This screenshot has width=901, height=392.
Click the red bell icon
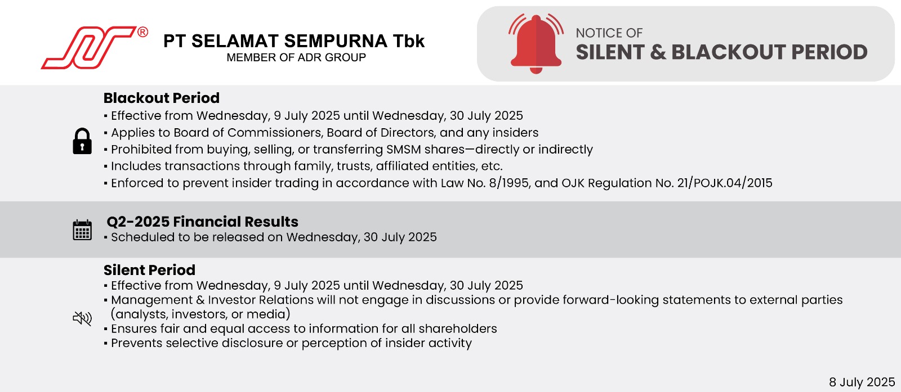536,44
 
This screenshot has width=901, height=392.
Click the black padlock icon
82,141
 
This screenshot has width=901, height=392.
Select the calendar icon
82,230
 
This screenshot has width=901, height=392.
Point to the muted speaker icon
82,318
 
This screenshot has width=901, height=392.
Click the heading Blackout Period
161,98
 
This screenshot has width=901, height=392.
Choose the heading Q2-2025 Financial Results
202,222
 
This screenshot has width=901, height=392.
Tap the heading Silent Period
149,270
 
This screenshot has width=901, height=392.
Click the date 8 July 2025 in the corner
862,381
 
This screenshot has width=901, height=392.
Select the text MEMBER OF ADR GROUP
296,57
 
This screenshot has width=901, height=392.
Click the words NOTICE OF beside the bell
609,33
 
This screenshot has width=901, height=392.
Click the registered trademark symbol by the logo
142,32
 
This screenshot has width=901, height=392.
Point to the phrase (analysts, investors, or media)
200,314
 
